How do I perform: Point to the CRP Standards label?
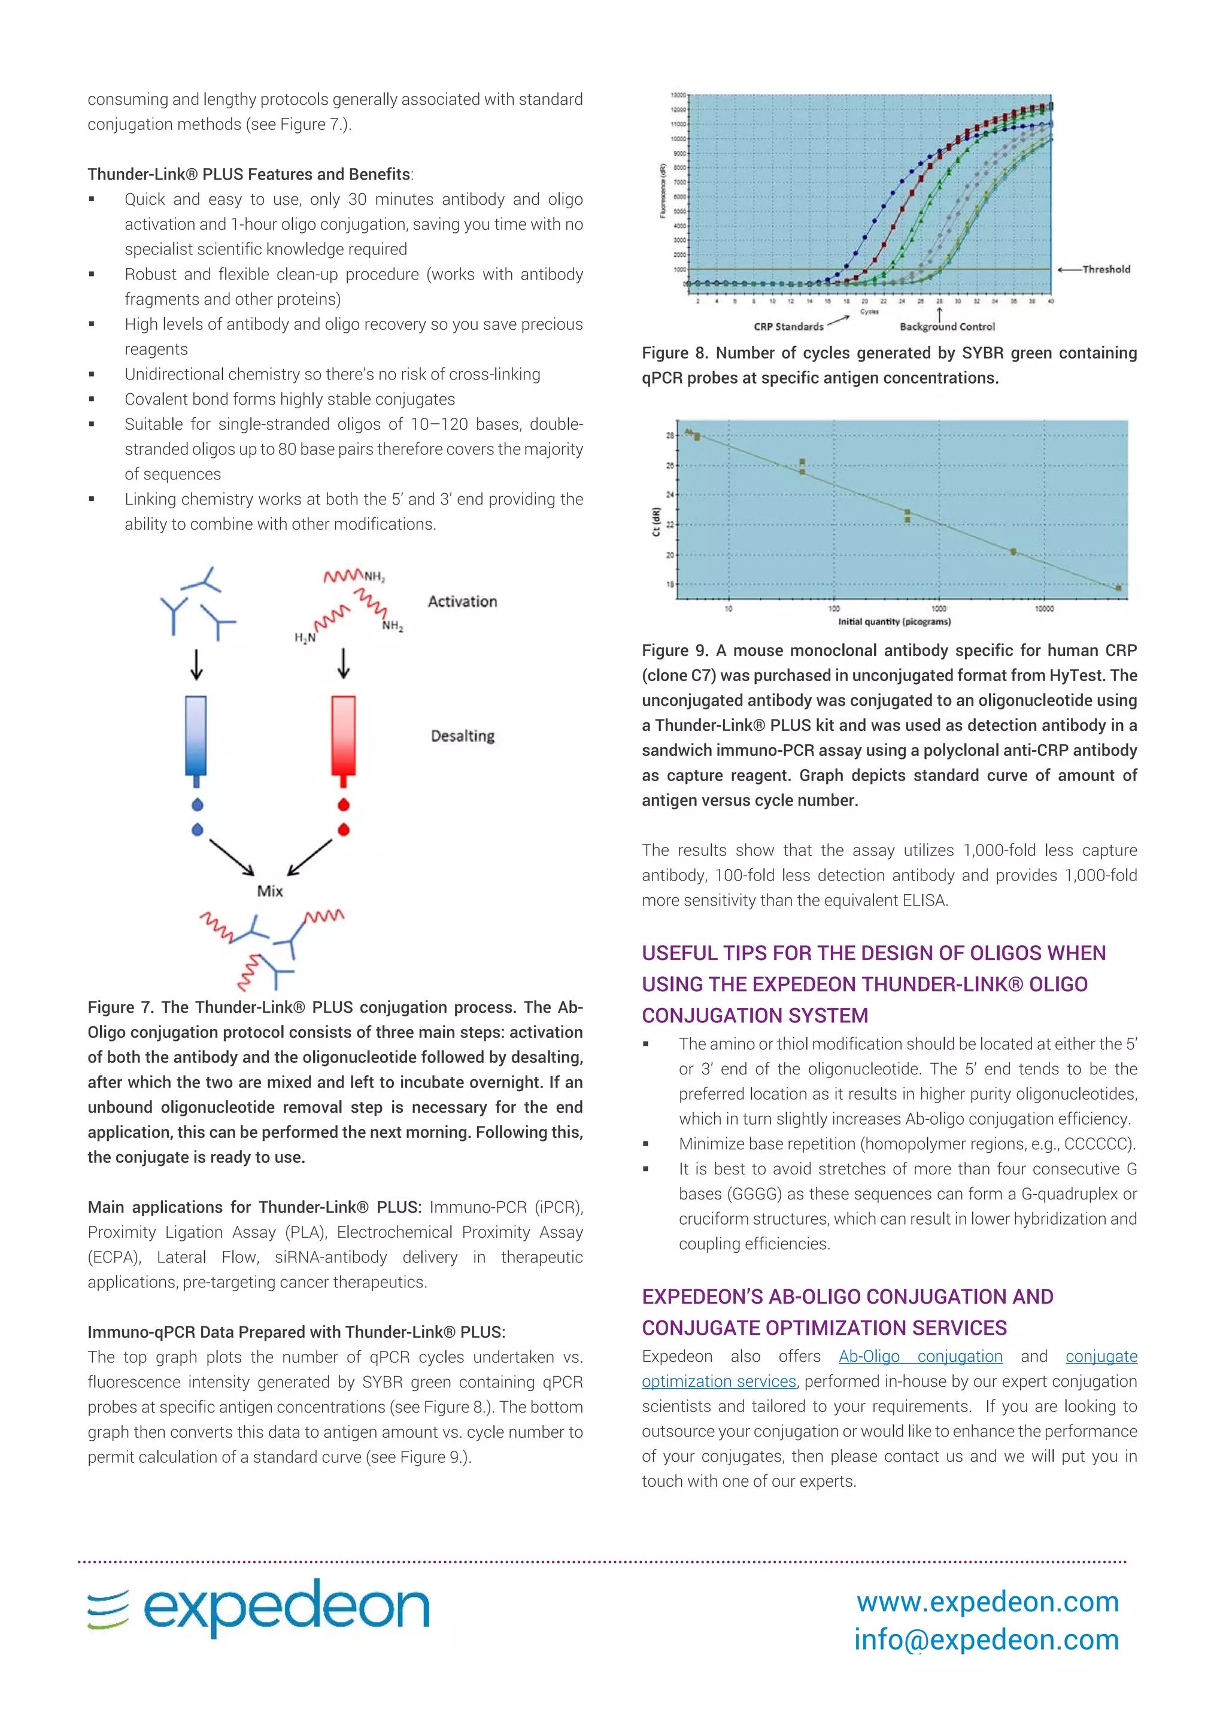(788, 327)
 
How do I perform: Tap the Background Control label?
(947, 327)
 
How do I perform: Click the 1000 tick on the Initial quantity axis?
(938, 609)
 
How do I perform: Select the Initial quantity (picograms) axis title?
(894, 621)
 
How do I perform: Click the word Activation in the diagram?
(462, 602)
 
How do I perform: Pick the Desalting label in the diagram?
(462, 736)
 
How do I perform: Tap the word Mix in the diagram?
(269, 891)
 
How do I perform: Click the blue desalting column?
(196, 736)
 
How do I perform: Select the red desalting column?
(344, 736)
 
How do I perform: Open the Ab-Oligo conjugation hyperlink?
(920, 1356)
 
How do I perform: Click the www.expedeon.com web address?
(987, 1601)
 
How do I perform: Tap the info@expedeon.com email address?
(986, 1639)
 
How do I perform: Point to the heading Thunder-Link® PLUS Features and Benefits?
(249, 174)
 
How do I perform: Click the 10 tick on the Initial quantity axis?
(728, 609)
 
